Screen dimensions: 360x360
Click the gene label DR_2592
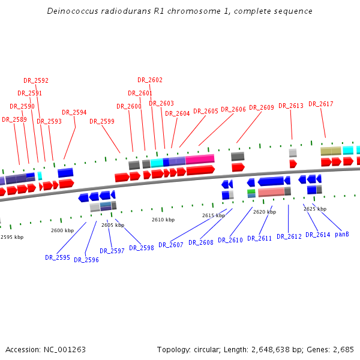pos(36,80)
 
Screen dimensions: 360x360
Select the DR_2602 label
pos(150,80)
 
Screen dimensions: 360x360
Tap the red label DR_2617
pos(321,104)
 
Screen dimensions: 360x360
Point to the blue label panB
pos(342,234)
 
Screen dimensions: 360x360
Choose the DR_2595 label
pos(58,257)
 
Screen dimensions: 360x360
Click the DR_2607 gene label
pos(171,245)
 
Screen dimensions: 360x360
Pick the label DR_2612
pos(289,237)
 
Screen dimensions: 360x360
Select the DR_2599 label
pos(102,121)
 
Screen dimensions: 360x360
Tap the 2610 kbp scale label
pos(163,220)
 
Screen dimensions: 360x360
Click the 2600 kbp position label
pos(62,230)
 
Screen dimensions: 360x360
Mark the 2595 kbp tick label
pos(12,237)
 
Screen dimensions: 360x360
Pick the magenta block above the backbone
pos(200,159)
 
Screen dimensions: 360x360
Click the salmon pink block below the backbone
pos(271,192)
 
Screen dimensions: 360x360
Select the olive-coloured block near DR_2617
pos(331,151)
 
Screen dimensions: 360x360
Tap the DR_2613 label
pos(291,106)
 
